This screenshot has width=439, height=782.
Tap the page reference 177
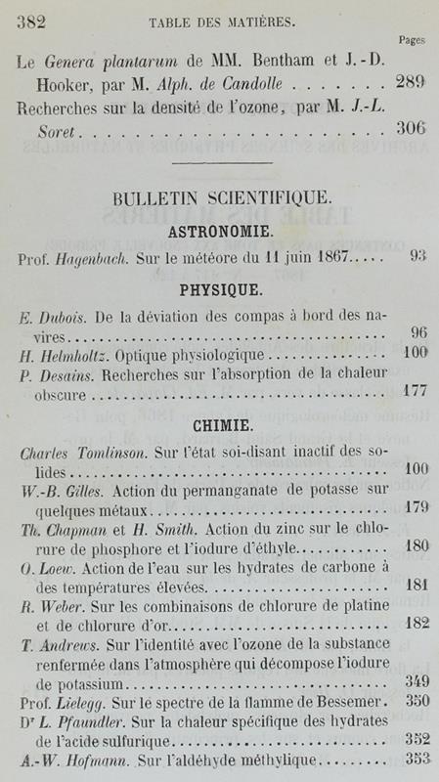(415, 395)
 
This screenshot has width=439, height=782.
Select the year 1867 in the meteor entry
(330, 260)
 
